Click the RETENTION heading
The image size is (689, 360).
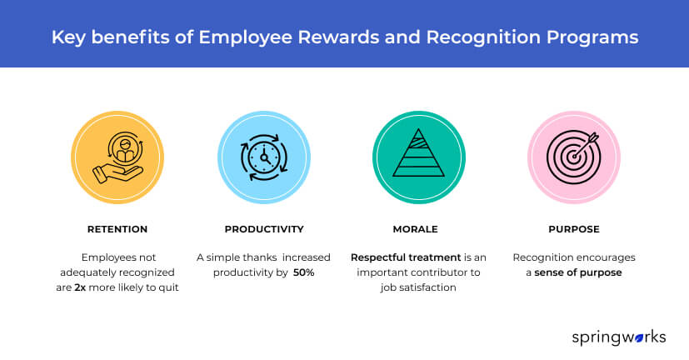(117, 228)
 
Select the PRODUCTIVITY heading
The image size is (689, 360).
(263, 228)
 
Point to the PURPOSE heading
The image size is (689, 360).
(567, 228)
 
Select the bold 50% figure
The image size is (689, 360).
(305, 272)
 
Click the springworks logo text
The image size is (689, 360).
(618, 337)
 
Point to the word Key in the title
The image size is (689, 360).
(67, 37)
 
